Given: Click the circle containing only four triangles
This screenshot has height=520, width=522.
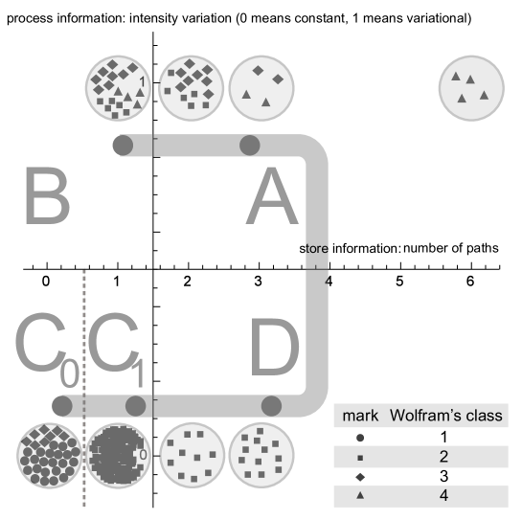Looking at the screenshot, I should (471, 87).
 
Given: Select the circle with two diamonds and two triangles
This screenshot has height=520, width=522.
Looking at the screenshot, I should (261, 87).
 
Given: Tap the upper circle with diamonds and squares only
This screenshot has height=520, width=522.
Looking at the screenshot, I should (191, 87).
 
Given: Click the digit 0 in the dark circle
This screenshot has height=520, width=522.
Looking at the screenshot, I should (143, 455).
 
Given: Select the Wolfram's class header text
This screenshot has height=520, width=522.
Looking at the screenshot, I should (445, 418).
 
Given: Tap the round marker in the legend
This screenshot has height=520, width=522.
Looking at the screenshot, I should (360, 438).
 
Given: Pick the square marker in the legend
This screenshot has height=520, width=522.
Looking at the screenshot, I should (360, 457).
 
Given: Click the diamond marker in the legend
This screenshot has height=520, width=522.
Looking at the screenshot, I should (360, 477).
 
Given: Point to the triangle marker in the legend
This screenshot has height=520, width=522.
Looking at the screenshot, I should (360, 496).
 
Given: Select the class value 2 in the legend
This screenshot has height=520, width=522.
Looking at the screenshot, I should (443, 457).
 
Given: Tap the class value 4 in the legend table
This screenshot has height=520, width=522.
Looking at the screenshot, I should (443, 496).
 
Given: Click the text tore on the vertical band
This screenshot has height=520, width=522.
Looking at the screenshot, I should (316, 249).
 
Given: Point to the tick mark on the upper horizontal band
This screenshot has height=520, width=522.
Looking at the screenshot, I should (153, 145).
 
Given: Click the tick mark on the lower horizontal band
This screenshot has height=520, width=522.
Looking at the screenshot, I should (153, 404).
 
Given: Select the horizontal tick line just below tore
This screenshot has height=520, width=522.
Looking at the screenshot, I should (317, 269).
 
